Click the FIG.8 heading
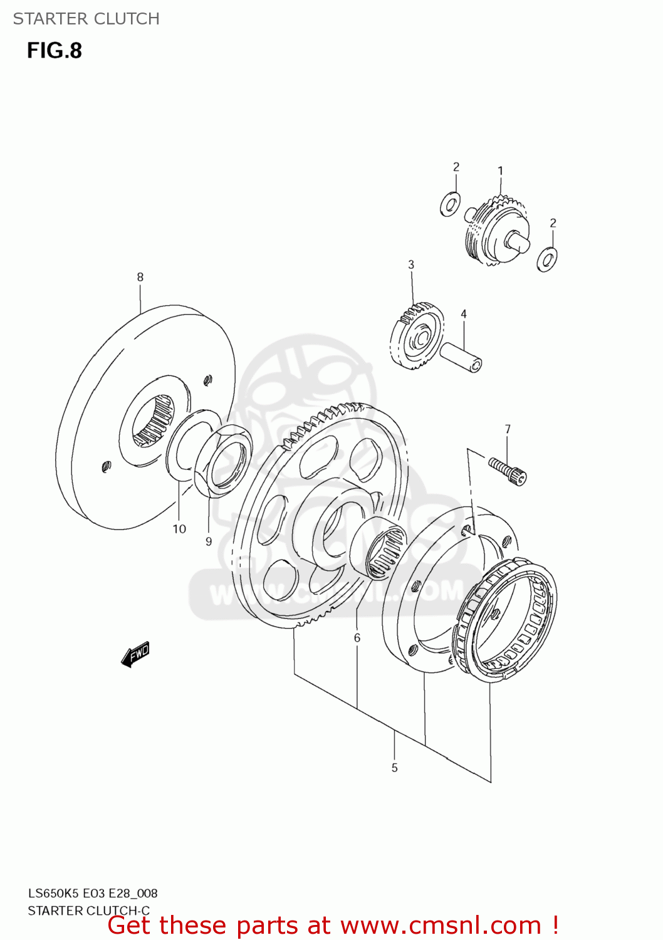(x=55, y=50)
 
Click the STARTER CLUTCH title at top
(x=86, y=19)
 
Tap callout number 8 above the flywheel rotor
(x=140, y=277)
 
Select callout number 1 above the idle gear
(x=500, y=170)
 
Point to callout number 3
(x=411, y=264)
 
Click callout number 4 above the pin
(x=464, y=314)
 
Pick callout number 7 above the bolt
(x=508, y=429)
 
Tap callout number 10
(x=179, y=529)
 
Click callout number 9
(x=209, y=541)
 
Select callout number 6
(x=357, y=638)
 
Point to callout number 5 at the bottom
(x=395, y=768)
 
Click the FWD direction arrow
(x=135, y=654)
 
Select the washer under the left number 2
(x=450, y=204)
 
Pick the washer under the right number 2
(x=547, y=259)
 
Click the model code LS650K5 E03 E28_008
(x=93, y=893)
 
